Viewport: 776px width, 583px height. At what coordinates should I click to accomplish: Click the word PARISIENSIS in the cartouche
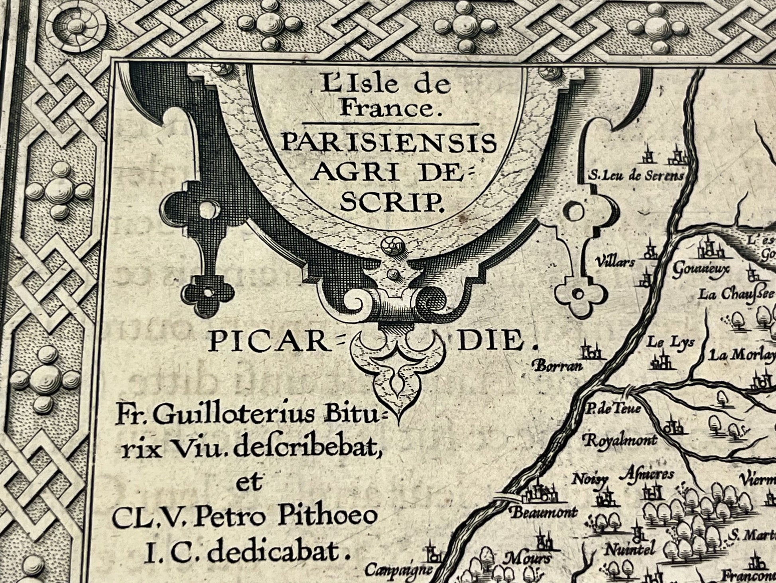tap(388, 144)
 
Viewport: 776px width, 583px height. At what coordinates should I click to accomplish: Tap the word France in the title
tap(388, 109)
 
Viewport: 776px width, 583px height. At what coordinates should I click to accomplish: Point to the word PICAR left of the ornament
tap(270, 343)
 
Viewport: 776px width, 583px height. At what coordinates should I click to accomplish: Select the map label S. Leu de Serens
tap(636, 176)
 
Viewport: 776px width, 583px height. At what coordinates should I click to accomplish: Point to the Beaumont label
tap(544, 512)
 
